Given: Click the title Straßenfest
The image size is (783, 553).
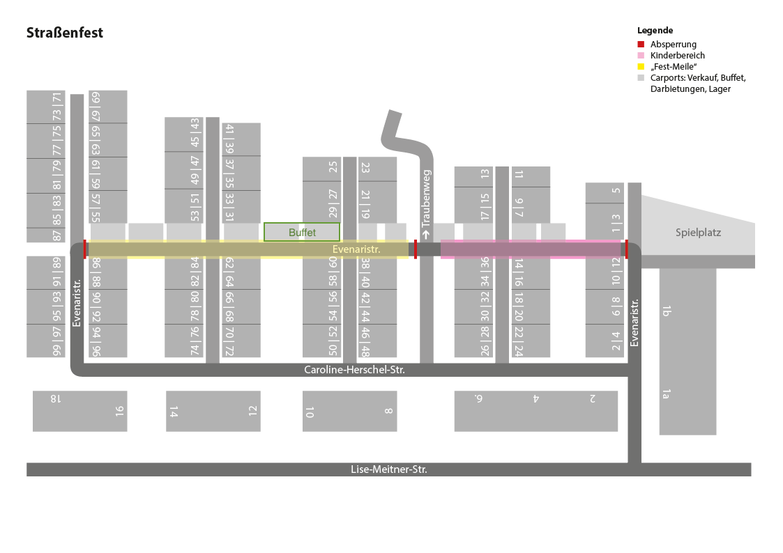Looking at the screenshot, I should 65,33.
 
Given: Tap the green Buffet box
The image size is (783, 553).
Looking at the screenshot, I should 302,232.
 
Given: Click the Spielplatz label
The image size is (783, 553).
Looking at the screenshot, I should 698,233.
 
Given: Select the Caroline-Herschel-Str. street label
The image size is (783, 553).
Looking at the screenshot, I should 354,371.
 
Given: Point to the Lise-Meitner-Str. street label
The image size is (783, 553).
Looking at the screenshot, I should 388,470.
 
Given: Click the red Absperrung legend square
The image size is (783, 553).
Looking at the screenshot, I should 641,44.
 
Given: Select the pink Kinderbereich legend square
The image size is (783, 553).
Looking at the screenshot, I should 641,55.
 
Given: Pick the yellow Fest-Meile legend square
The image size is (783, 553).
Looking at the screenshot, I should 641,66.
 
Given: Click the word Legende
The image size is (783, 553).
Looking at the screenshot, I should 655,31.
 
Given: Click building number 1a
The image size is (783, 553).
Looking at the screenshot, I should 666,395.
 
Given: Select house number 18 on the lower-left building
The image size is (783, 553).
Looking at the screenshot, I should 56,399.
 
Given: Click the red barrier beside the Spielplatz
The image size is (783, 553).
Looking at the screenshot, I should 626,249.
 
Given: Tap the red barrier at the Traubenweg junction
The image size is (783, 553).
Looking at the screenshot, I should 416,249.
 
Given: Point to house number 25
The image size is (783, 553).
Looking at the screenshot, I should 333,167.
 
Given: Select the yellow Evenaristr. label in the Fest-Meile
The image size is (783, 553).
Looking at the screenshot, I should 356,249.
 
